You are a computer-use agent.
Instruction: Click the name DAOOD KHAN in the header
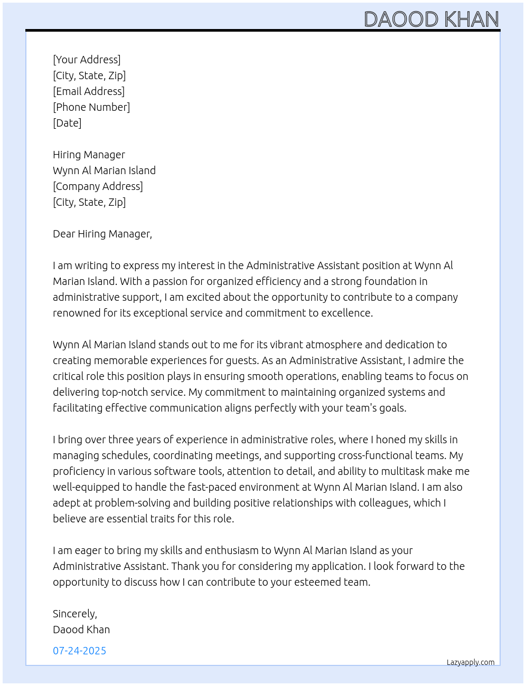[431, 20]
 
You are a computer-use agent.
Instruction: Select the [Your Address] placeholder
[87, 60]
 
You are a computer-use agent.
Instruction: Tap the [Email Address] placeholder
[89, 91]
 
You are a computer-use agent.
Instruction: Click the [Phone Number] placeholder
[91, 107]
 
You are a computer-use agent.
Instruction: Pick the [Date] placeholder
[67, 123]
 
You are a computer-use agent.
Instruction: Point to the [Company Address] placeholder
[98, 186]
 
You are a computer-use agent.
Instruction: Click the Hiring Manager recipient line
[89, 155]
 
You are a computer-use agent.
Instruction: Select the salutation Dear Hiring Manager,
[102, 234]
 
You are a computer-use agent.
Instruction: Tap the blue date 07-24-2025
[79, 651]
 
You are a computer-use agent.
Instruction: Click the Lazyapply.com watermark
[471, 662]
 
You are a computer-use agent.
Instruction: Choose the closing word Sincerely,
[75, 614]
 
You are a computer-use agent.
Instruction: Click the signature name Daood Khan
[81, 630]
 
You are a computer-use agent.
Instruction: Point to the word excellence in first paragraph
[348, 313]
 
